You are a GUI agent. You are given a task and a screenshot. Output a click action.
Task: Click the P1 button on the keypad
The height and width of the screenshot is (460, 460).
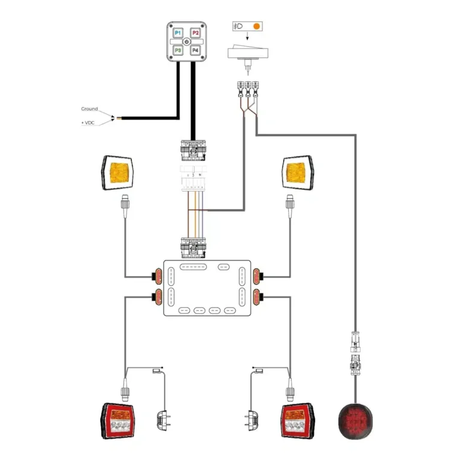[x=178, y=34]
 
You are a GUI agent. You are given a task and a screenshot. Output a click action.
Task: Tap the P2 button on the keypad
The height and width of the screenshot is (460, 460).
[x=195, y=34]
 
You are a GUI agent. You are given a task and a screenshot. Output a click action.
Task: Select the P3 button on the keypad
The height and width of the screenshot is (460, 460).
[x=178, y=50]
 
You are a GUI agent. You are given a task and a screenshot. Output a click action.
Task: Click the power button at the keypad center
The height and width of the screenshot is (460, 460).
[x=187, y=42]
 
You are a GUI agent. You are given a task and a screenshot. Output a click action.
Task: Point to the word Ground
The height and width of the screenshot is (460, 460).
[x=89, y=109]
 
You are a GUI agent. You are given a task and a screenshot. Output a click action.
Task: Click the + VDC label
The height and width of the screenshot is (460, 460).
[x=89, y=123]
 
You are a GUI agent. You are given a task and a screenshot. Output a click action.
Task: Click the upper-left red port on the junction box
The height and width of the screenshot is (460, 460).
[x=159, y=276]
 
